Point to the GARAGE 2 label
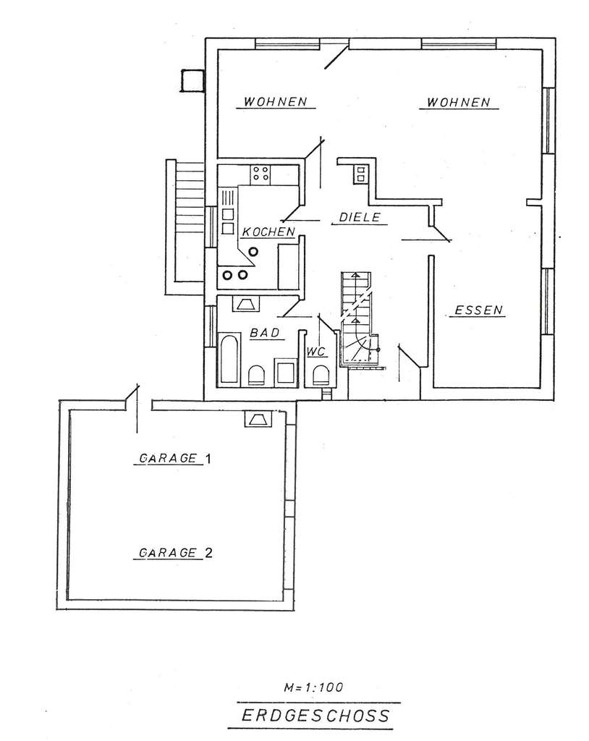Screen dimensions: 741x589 175,553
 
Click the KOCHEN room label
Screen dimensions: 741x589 268,232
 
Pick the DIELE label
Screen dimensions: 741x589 360,217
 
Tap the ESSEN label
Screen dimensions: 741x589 478,310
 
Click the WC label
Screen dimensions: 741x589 315,352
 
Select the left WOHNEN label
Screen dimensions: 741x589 276,102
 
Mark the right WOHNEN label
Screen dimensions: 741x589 458,102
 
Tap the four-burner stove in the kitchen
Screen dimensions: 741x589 260,174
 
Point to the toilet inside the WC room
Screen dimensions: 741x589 319,374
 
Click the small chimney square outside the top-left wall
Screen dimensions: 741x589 192,80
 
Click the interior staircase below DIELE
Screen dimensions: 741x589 357,318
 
